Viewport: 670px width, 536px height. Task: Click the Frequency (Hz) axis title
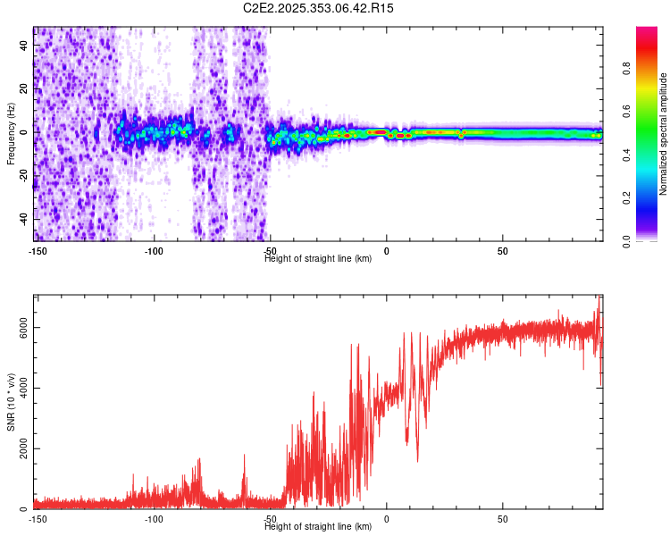[11, 135]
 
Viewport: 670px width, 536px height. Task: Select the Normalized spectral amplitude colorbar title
[663, 135]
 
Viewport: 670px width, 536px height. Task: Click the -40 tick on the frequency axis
[25, 219]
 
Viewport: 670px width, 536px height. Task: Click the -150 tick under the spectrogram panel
[37, 250]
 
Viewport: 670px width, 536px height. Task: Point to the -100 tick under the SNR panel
[154, 518]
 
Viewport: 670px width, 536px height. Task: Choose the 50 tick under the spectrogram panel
[503, 250]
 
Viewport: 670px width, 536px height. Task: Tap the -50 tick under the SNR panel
[270, 518]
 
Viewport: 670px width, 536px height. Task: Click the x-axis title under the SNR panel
[319, 527]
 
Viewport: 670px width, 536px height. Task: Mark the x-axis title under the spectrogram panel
[319, 258]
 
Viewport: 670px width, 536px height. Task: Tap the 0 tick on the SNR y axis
[25, 509]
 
